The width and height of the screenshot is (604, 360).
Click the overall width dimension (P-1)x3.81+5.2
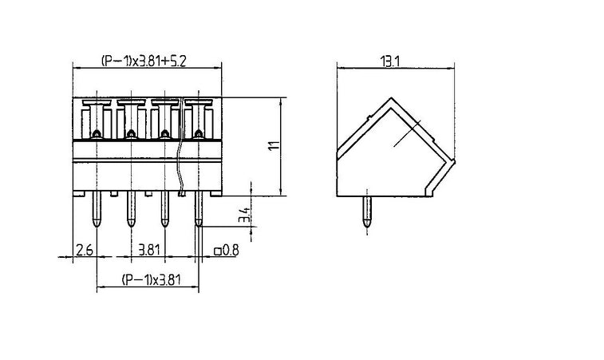[144, 61]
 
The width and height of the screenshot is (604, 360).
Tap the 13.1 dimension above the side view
[390, 61]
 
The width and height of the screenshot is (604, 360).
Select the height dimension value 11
[274, 146]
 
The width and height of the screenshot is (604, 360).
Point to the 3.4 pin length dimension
[244, 215]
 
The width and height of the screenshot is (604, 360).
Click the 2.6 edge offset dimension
[85, 250]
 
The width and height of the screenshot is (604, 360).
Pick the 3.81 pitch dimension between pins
[148, 250]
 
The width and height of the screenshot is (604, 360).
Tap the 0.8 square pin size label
[231, 251]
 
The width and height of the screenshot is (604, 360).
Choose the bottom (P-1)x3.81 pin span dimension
[151, 280]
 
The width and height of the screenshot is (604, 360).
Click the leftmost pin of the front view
[97, 208]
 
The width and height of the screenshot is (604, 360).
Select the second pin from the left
[131, 208]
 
